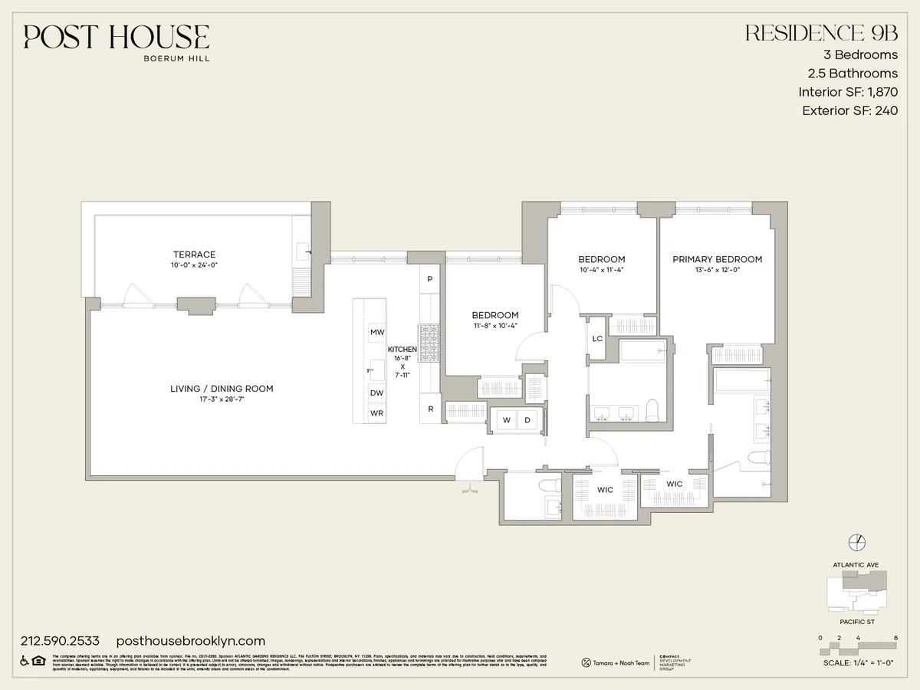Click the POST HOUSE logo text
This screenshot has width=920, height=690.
click(116, 38)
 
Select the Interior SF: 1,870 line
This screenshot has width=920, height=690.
click(847, 92)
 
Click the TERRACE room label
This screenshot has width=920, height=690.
click(194, 255)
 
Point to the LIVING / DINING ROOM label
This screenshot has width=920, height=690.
click(222, 389)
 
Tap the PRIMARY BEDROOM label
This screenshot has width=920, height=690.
click(717, 259)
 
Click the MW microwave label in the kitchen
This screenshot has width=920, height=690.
click(376, 332)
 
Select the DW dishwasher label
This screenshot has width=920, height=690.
click(376, 393)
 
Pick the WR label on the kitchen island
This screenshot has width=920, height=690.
click(376, 413)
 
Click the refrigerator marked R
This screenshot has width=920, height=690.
click(430, 409)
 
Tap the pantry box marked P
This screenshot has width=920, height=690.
click(430, 279)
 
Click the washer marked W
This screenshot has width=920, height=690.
click(507, 420)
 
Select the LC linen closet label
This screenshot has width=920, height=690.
click(597, 339)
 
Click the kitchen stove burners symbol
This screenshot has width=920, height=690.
click(429, 343)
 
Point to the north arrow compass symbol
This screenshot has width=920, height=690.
click(856, 542)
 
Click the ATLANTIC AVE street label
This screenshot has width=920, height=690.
click(856, 565)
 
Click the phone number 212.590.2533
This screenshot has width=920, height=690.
click(61, 641)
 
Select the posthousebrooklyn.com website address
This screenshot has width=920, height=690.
click(190, 641)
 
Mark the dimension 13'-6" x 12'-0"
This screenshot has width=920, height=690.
click(717, 271)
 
